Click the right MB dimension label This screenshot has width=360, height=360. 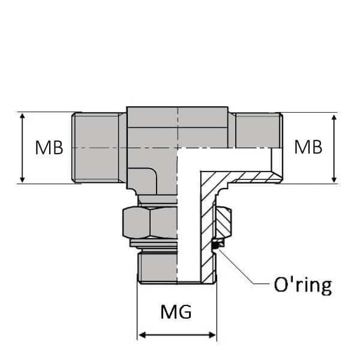point(308,148)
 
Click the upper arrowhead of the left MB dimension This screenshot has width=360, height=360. point(23,117)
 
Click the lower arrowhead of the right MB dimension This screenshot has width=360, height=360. point(334,179)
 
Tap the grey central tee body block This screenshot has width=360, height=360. point(153,144)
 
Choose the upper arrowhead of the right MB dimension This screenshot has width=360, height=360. point(334,117)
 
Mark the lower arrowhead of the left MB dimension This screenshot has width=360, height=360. point(23,179)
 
